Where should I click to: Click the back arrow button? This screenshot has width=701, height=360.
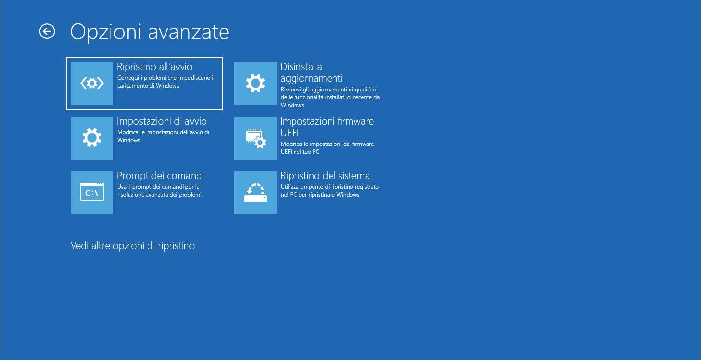click(x=47, y=31)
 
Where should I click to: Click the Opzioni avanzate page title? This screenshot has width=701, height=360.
click(x=149, y=32)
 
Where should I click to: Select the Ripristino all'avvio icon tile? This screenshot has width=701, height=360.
click(x=92, y=84)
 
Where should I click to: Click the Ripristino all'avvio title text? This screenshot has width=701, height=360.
click(x=155, y=67)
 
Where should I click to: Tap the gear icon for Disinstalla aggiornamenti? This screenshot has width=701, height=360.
click(x=256, y=84)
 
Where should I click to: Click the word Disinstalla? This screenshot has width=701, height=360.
click(x=301, y=67)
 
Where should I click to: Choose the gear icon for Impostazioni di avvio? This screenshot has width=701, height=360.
click(x=92, y=138)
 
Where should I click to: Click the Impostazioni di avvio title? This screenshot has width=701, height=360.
click(x=162, y=121)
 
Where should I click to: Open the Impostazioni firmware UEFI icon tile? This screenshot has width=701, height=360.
click(x=256, y=138)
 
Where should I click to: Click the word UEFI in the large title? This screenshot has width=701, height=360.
click(x=290, y=133)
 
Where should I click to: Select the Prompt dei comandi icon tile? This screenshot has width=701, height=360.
click(x=92, y=192)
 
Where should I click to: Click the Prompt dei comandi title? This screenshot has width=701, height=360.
click(x=161, y=176)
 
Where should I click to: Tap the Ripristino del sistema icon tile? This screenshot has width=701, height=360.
click(x=256, y=192)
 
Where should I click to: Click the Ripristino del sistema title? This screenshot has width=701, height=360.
click(x=325, y=176)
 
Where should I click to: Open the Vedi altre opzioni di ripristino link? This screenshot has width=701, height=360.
click(x=133, y=246)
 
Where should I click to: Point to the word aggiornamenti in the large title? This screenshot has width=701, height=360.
click(x=312, y=78)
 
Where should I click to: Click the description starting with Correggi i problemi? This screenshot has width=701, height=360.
click(x=166, y=82)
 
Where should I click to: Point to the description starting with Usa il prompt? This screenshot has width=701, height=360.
click(x=159, y=191)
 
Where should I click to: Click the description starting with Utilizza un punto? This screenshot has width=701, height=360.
click(x=330, y=191)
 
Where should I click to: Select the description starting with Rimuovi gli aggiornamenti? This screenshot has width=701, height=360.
click(x=331, y=97)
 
